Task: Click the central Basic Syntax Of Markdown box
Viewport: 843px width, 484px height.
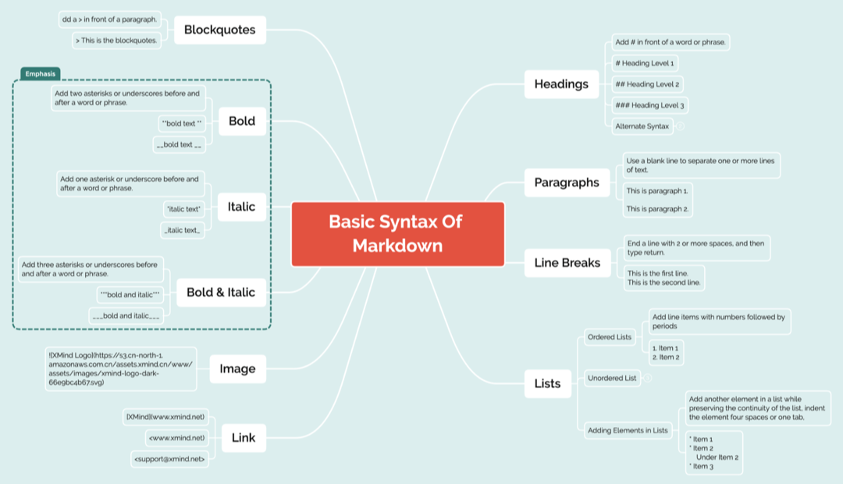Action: pos(397,233)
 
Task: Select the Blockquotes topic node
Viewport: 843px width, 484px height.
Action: pos(219,30)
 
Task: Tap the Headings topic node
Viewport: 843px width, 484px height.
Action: pos(561,84)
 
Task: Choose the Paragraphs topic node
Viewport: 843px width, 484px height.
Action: pos(567,182)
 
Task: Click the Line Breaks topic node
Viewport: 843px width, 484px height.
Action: pos(567,262)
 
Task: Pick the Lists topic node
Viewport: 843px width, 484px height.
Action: pos(547,383)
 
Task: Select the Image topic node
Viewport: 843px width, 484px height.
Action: pos(237,368)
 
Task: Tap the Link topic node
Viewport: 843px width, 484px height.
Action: pos(244,438)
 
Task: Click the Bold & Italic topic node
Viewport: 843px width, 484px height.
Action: pos(221,292)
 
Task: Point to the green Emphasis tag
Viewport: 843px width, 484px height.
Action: pos(40,74)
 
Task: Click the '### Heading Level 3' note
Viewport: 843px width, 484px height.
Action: pos(650,105)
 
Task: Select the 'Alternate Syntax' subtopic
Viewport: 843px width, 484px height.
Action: pos(642,126)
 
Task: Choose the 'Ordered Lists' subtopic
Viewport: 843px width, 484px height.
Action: pos(609,337)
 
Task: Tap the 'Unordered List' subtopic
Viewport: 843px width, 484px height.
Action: pos(611,379)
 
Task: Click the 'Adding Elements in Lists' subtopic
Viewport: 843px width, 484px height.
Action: pos(628,430)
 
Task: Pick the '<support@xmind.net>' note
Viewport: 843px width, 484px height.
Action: pos(169,460)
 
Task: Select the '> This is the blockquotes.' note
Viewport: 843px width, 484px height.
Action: pos(117,40)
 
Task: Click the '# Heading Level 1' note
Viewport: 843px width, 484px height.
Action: pos(645,62)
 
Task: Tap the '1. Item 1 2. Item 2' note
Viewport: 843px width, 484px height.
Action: pos(666,352)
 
